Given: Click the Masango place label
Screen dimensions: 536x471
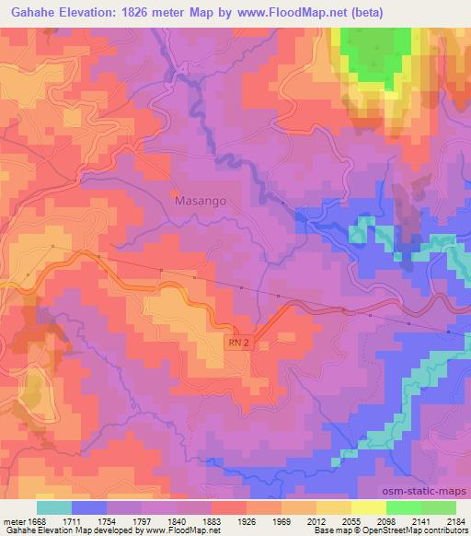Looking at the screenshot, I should (x=200, y=199).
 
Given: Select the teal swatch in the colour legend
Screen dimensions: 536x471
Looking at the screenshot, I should (x=53, y=507).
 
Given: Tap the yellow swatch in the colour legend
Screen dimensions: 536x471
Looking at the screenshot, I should (x=367, y=507).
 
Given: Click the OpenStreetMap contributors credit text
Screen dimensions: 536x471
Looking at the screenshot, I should (x=414, y=530).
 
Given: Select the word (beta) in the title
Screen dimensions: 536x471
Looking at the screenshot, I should (x=362, y=12).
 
